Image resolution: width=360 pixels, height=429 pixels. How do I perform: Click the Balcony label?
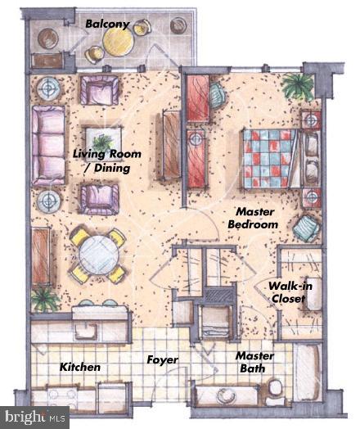pyautogui.click(x=108, y=25)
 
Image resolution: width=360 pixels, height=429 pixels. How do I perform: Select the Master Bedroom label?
pyautogui.click(x=252, y=218)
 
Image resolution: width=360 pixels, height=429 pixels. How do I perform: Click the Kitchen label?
pyautogui.click(x=80, y=367)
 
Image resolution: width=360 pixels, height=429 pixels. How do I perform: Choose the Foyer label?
pyautogui.click(x=163, y=360)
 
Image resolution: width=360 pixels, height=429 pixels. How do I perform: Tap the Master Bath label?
pyautogui.click(x=254, y=362)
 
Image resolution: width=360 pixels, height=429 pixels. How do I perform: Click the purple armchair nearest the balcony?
pyautogui.click(x=100, y=88)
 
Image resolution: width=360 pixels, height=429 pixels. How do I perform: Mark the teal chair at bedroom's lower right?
pyautogui.click(x=306, y=228)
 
